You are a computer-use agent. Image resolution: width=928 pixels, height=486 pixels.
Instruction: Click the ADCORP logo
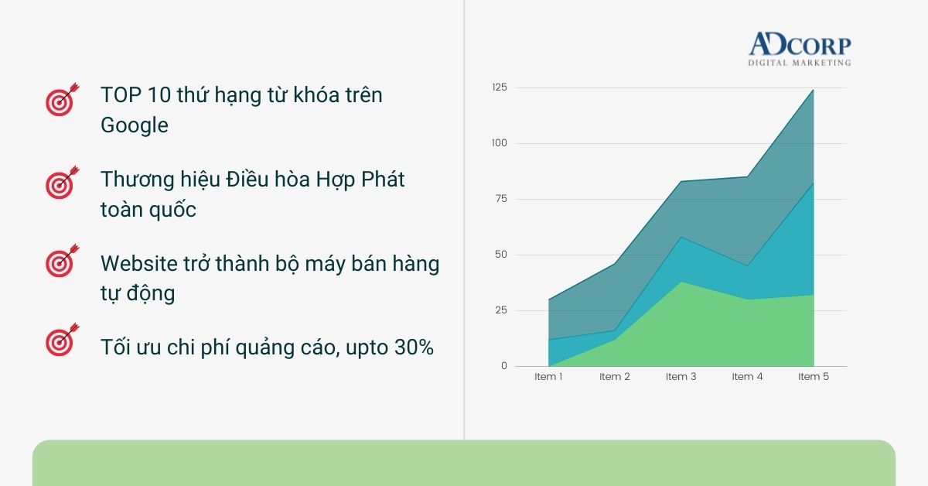pos(800,49)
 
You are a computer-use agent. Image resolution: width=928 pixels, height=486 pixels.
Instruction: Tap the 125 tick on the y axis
pos(500,87)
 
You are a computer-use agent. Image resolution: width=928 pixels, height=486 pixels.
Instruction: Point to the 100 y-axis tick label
pos(500,143)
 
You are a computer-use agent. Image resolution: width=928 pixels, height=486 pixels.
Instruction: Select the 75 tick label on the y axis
pos(501,199)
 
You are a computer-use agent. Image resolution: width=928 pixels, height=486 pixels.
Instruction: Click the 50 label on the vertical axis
pos(501,254)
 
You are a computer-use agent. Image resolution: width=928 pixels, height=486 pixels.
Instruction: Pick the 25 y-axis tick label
pos(501,310)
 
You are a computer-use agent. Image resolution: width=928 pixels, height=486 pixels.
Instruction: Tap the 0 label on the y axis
pos(503,366)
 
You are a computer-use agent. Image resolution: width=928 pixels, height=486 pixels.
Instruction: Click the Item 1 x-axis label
pos(548,377)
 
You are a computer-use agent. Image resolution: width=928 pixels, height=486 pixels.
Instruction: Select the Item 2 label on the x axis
pos(614,377)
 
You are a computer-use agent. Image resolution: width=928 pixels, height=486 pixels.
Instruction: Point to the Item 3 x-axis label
pos(681,377)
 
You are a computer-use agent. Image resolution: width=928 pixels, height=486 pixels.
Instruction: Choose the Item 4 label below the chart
pos(747,377)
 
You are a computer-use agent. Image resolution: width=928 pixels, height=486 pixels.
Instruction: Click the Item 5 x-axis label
pos(814,377)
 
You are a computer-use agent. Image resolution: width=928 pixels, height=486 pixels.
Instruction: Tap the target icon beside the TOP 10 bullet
pos(62,100)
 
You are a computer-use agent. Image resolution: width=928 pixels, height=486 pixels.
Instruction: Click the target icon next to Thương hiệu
pos(62,183)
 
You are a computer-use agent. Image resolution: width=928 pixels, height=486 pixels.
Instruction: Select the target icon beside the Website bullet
pos(62,261)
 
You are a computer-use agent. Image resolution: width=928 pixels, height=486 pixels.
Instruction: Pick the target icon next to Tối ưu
pos(62,340)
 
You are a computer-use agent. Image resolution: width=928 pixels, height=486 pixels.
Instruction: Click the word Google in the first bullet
pos(135,125)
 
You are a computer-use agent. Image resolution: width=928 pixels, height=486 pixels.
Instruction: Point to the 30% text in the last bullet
pos(414,347)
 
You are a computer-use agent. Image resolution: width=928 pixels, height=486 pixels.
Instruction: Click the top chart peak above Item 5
pos(814,90)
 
